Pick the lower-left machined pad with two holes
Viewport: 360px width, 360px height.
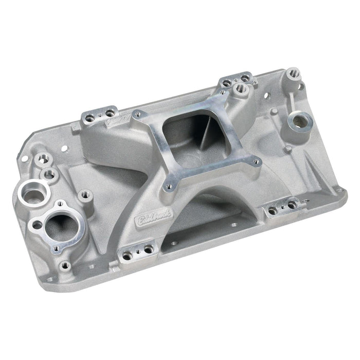point(137,251)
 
